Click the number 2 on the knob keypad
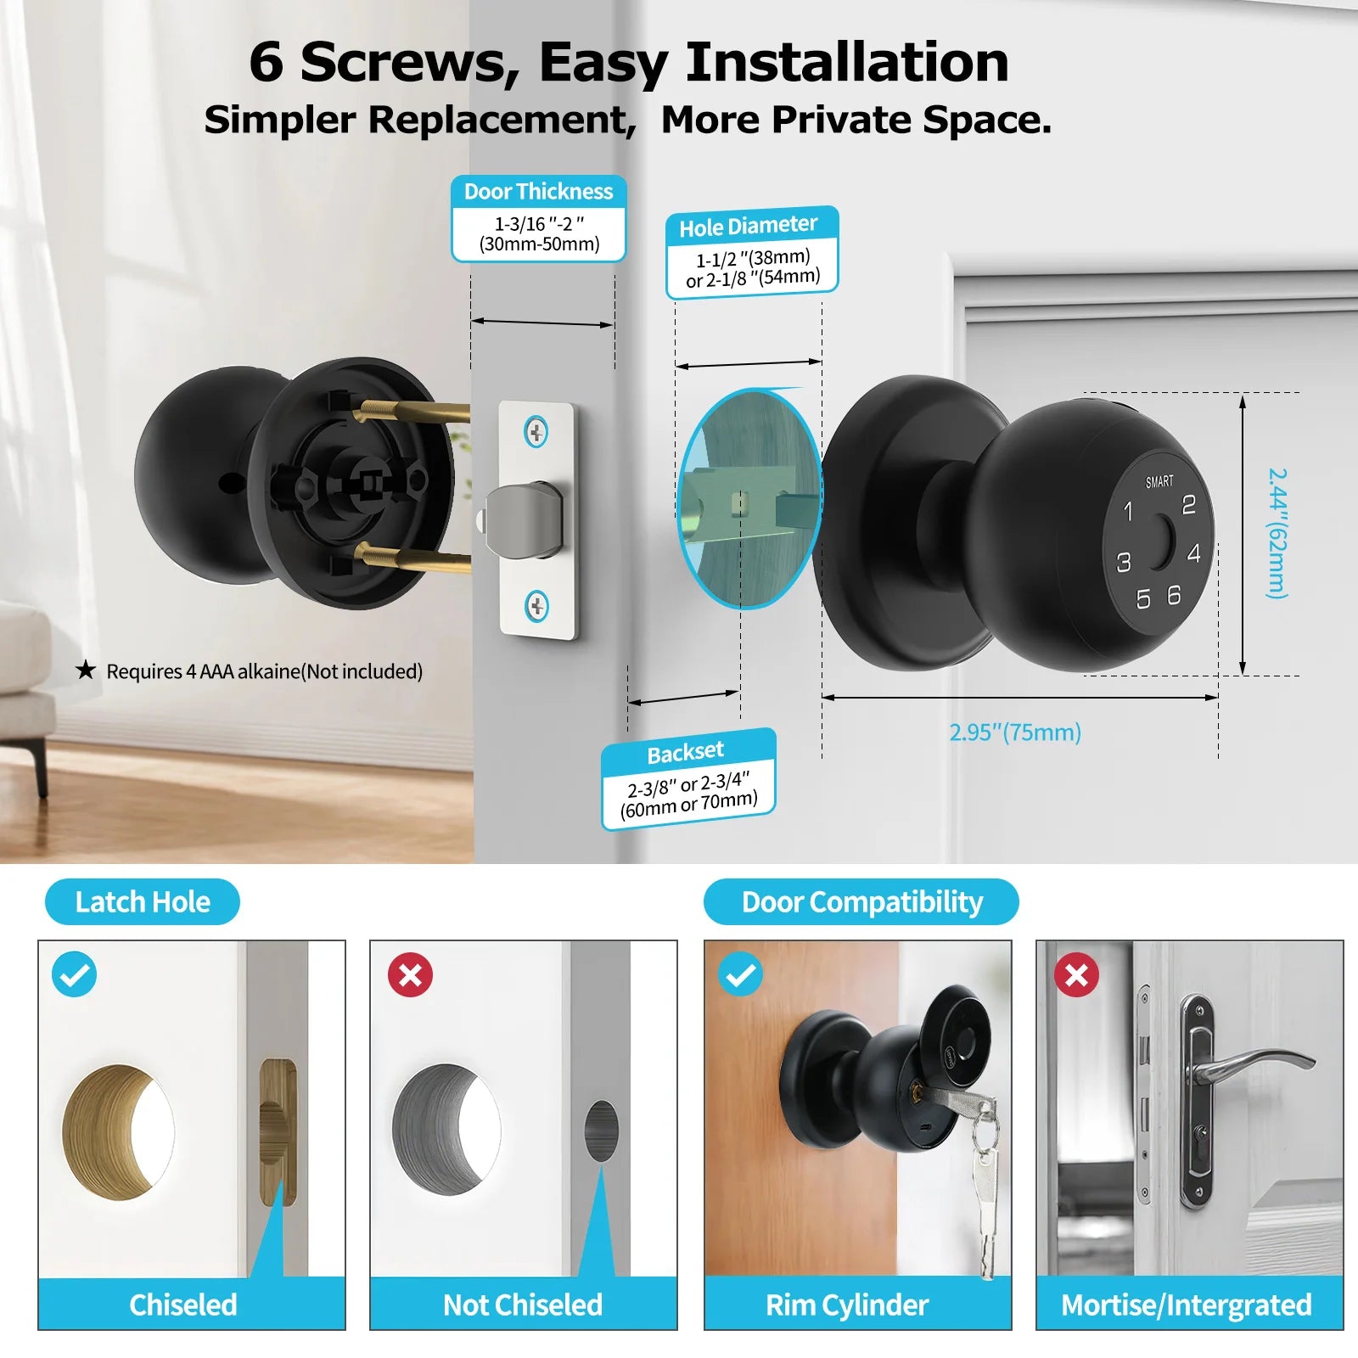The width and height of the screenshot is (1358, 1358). [x=1188, y=505]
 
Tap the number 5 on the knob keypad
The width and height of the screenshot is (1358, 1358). [x=1143, y=599]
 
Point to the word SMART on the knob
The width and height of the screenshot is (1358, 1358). [x=1159, y=481]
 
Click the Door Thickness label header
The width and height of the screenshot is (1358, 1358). [x=538, y=192]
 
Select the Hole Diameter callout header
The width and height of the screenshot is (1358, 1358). [x=749, y=226]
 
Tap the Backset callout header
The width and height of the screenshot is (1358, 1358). [x=686, y=752]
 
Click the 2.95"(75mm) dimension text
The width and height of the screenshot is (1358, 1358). [x=1015, y=732]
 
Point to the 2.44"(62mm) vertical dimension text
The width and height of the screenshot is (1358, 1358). [x=1277, y=533]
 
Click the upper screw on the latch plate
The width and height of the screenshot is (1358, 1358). [x=536, y=432]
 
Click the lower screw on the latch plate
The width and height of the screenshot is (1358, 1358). [x=536, y=606]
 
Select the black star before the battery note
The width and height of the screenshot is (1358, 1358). [x=86, y=671]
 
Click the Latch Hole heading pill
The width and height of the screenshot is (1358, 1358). [x=143, y=901]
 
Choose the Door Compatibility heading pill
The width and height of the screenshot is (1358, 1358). [x=861, y=901]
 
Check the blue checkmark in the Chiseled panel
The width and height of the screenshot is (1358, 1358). [x=75, y=974]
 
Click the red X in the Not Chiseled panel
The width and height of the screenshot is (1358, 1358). [x=411, y=974]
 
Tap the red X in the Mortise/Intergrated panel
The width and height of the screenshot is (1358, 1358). [x=1076, y=974]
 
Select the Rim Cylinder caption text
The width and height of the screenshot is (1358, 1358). [x=847, y=1305]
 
